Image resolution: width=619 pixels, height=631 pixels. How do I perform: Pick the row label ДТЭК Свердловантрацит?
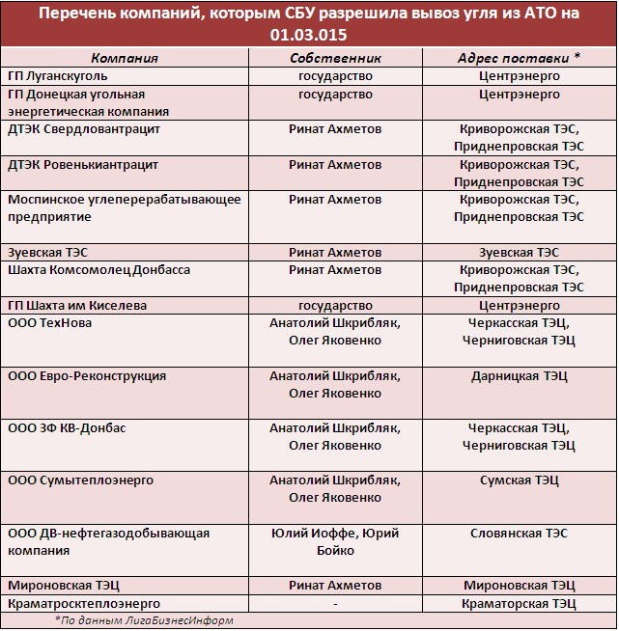[x=84, y=128]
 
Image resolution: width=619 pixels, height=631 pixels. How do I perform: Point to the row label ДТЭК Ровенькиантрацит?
[x=83, y=165]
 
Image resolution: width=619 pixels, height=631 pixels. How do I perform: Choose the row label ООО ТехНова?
[x=50, y=322]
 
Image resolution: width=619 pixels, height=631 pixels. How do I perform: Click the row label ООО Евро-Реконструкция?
[x=87, y=375]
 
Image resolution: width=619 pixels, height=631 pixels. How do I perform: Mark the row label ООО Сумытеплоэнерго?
[x=80, y=480]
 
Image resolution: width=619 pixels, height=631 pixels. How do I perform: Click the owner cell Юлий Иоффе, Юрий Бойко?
[x=334, y=541]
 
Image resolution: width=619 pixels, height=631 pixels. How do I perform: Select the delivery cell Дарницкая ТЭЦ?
[x=519, y=375]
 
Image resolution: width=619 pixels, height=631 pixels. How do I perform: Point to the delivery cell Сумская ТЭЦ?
[x=519, y=480]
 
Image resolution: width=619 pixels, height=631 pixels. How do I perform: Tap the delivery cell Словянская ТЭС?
[x=519, y=533]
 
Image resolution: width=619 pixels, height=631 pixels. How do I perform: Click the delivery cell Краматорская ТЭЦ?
[x=519, y=603]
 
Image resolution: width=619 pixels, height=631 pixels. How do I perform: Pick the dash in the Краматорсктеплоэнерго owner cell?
[x=334, y=603]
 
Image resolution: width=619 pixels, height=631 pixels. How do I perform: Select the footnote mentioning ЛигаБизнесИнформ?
[x=145, y=620]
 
